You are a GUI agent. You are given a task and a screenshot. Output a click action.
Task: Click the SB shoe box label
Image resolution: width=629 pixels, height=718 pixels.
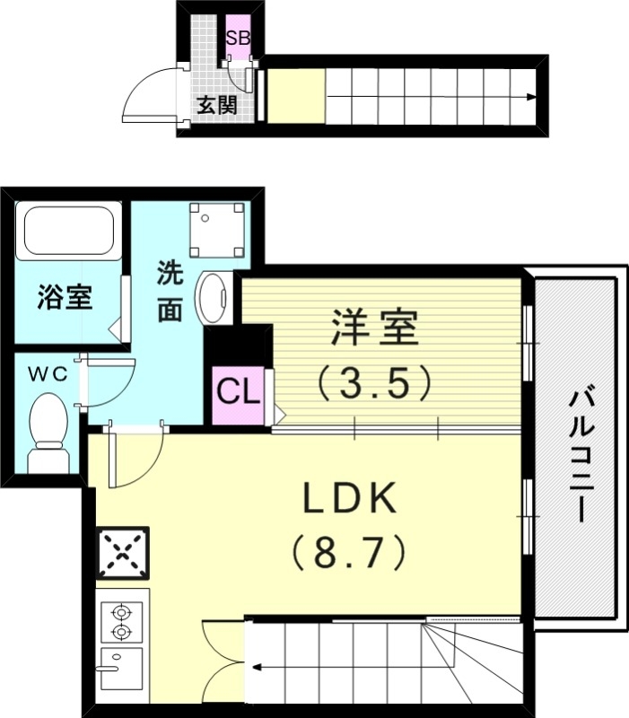click(239, 39)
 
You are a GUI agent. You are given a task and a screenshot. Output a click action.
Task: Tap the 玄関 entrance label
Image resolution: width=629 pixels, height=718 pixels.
click(217, 105)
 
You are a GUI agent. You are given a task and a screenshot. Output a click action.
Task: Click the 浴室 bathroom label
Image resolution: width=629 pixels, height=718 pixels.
click(65, 297)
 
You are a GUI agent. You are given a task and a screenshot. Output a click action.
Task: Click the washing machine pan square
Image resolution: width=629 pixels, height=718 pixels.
click(217, 228)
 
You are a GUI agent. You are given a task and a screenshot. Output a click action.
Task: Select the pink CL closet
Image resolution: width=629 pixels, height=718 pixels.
click(238, 392)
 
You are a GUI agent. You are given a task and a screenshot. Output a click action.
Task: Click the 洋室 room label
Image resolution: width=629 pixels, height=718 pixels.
click(375, 328)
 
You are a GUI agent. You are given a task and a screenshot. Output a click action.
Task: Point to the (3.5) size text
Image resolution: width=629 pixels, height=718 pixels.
click(375, 384)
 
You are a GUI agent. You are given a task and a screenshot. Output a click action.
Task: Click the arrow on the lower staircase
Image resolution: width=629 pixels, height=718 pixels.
click(258, 666)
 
